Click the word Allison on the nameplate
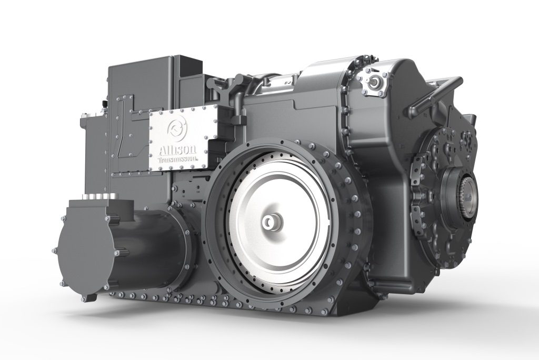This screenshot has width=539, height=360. (177, 149)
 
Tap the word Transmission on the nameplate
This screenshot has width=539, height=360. (177, 159)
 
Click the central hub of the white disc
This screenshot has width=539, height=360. (272, 223)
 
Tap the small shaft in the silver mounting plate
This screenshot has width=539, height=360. (374, 82)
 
